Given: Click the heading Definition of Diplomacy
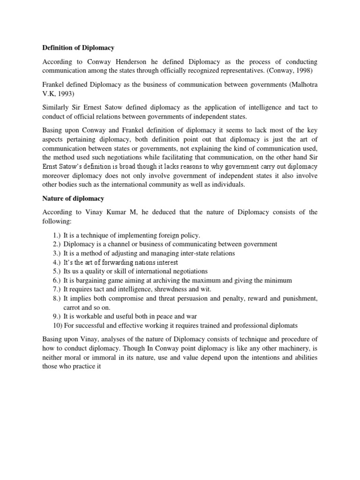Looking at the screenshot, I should (78, 47).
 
